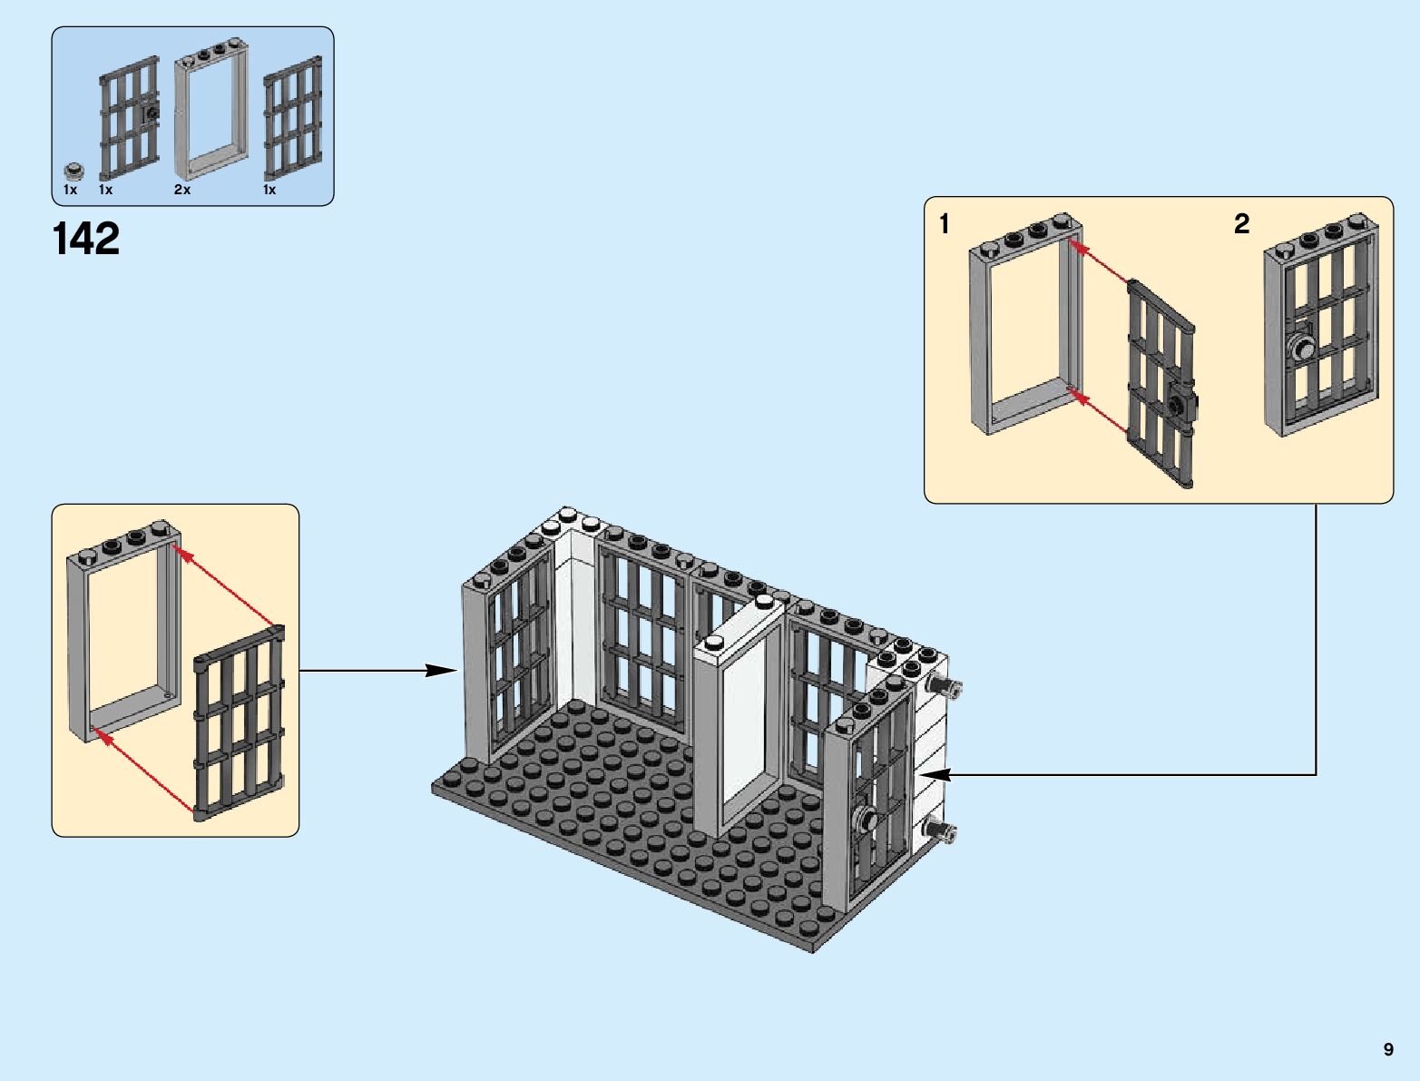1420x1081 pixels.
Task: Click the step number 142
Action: [x=86, y=240]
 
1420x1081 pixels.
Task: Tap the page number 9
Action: [x=1388, y=1049]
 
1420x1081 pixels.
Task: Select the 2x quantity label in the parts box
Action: [x=182, y=190]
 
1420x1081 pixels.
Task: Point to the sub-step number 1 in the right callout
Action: [x=945, y=223]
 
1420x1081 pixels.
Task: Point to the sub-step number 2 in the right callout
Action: [x=1242, y=223]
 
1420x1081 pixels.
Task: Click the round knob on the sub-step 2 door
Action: [x=1304, y=347]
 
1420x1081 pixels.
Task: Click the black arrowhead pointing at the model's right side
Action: [x=936, y=775]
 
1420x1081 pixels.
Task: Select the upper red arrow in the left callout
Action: [x=225, y=585]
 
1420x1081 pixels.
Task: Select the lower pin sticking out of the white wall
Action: [x=938, y=829]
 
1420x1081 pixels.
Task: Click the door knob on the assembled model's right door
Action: [x=866, y=820]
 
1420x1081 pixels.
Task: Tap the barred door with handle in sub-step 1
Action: [x=1161, y=386]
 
